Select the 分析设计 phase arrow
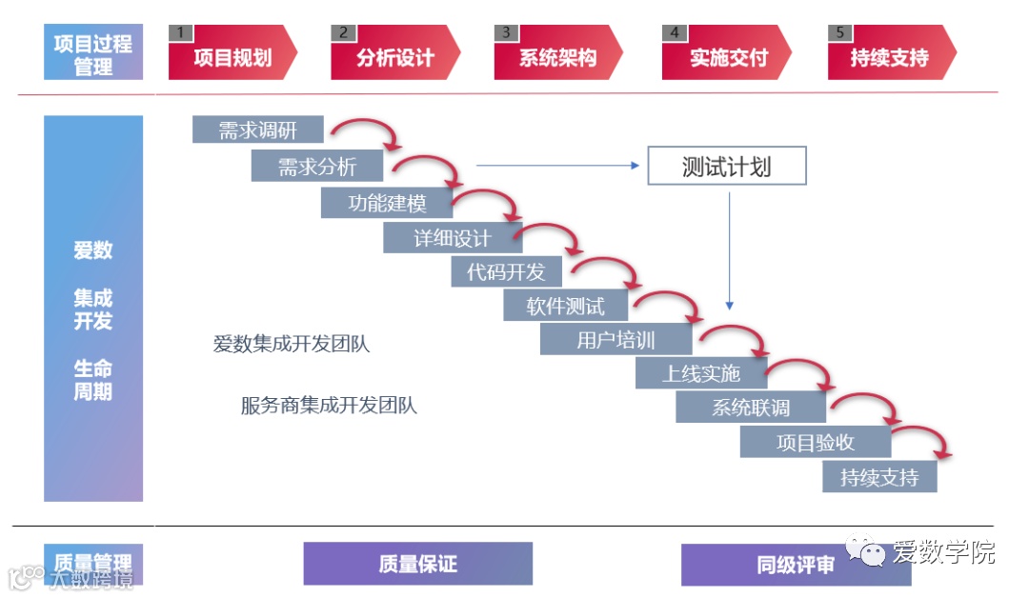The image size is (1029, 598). (x=394, y=57)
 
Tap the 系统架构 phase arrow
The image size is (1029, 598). (x=557, y=57)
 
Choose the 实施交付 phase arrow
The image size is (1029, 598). (x=726, y=57)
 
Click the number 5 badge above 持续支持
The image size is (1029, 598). (x=839, y=32)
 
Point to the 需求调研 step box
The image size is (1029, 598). (x=257, y=130)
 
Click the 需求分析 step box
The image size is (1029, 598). (x=316, y=168)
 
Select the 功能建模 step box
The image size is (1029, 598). (x=386, y=203)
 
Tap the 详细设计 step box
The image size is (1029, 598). (x=452, y=238)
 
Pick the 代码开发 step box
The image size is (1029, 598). (x=506, y=272)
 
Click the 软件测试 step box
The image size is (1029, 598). (x=566, y=306)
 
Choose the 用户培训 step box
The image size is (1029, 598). (x=615, y=340)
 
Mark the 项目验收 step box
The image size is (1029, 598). (x=815, y=442)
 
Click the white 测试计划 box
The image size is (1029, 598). (x=726, y=166)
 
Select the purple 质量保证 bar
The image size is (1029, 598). (x=417, y=564)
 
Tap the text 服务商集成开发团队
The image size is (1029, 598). (x=329, y=406)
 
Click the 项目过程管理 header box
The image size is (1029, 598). (x=93, y=53)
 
